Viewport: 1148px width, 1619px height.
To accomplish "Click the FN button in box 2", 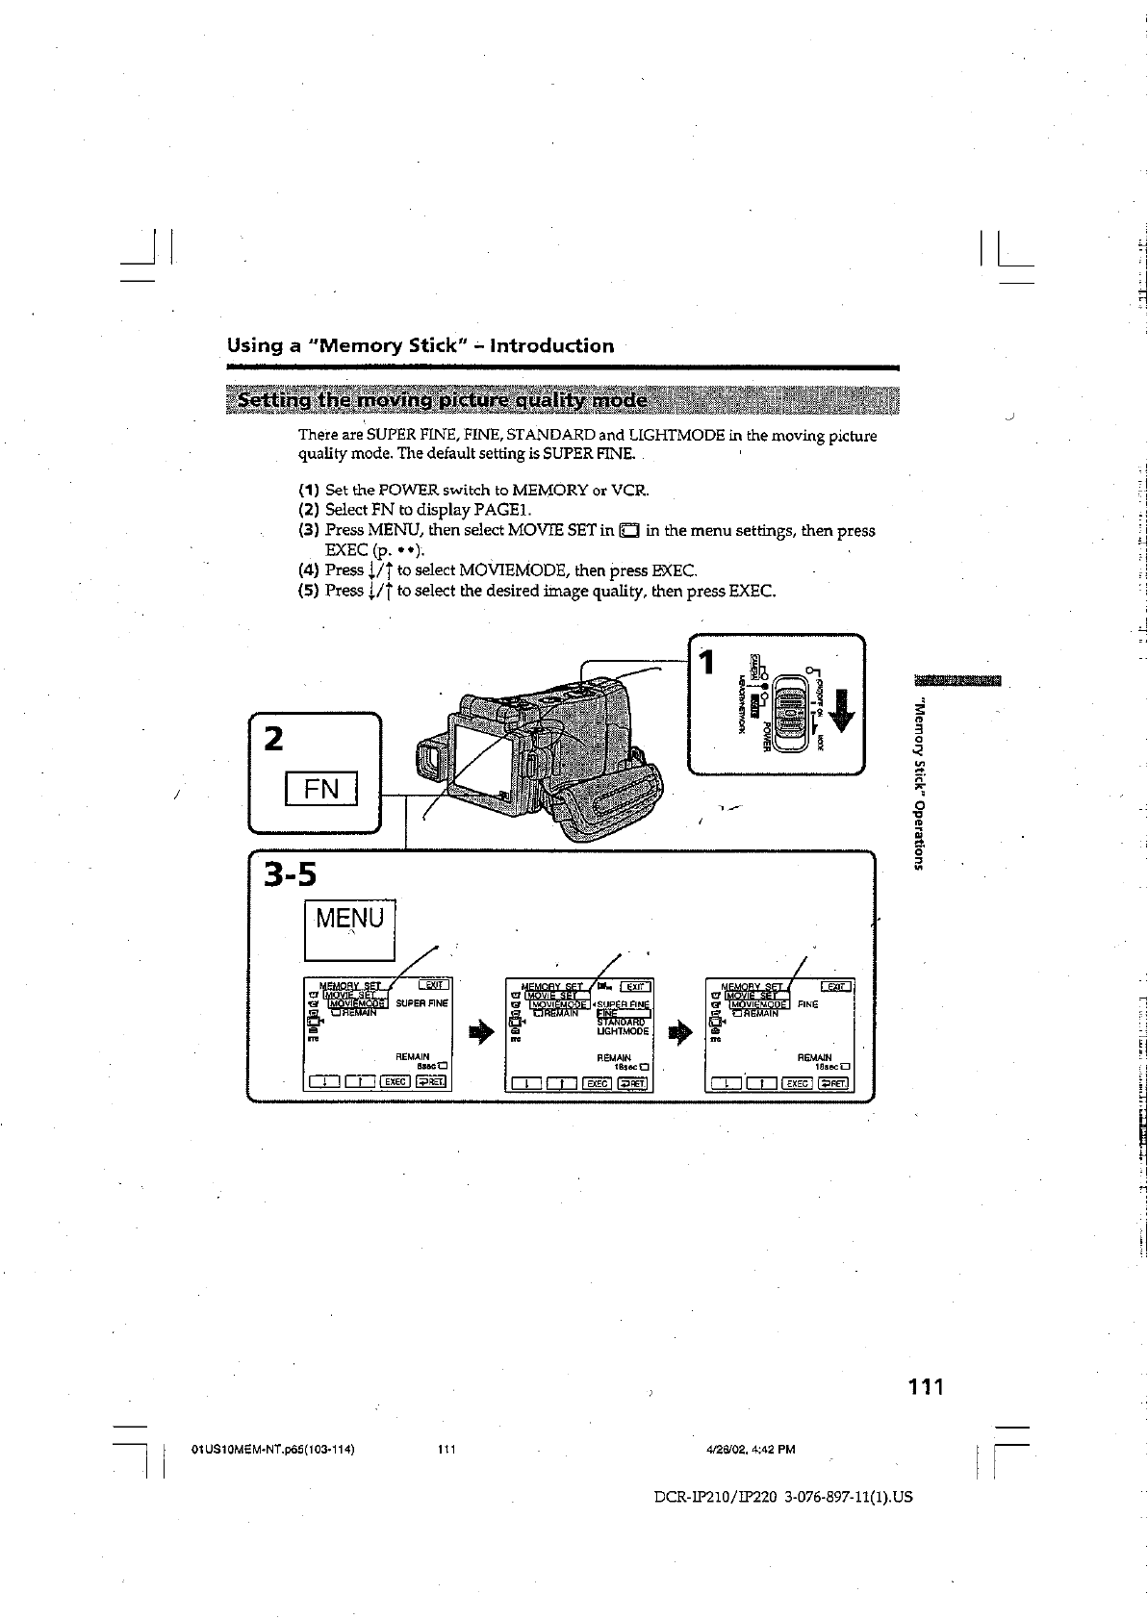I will point(320,788).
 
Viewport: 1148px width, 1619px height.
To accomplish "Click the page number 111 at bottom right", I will point(926,1386).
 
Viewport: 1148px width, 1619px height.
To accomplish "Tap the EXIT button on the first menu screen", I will point(432,985).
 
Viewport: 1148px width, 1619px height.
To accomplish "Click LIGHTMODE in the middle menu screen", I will point(623,1031).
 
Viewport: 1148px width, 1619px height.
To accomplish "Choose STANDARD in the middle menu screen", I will point(621,1022).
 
